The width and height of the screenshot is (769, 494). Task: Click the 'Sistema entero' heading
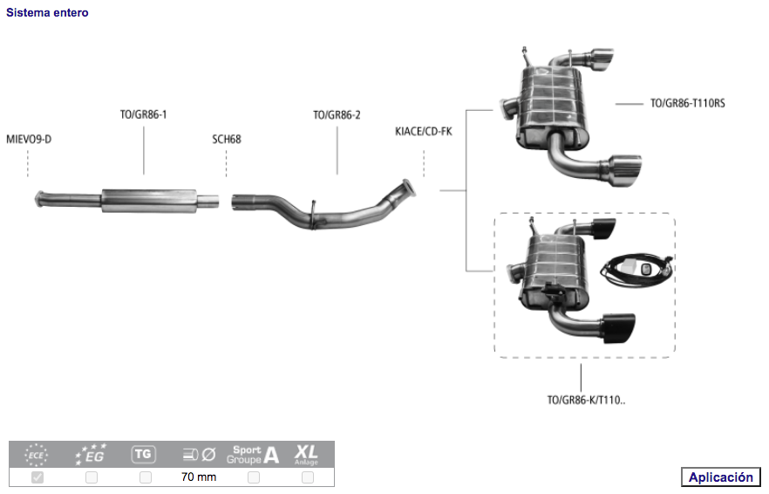click(x=47, y=13)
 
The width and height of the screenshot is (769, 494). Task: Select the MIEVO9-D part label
click(x=29, y=139)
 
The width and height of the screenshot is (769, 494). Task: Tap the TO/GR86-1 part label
click(x=144, y=114)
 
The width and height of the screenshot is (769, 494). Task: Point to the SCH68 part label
click(x=227, y=139)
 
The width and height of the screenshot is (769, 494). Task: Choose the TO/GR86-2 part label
click(x=337, y=114)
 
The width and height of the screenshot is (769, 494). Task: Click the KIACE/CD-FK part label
click(x=424, y=131)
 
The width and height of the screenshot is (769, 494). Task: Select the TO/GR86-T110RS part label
click(x=688, y=103)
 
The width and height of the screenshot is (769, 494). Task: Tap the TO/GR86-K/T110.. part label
click(x=587, y=401)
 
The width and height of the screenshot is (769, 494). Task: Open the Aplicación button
click(x=720, y=477)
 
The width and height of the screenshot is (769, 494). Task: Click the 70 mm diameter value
click(x=199, y=477)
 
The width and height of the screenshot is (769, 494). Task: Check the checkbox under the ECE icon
click(x=37, y=477)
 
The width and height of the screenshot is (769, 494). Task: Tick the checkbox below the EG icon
click(x=92, y=477)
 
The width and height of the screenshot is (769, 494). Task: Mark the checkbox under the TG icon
click(x=146, y=477)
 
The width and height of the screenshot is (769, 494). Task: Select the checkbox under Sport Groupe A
click(x=254, y=477)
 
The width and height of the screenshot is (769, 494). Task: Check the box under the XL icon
click(x=307, y=477)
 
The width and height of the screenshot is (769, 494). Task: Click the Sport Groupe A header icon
click(x=253, y=454)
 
